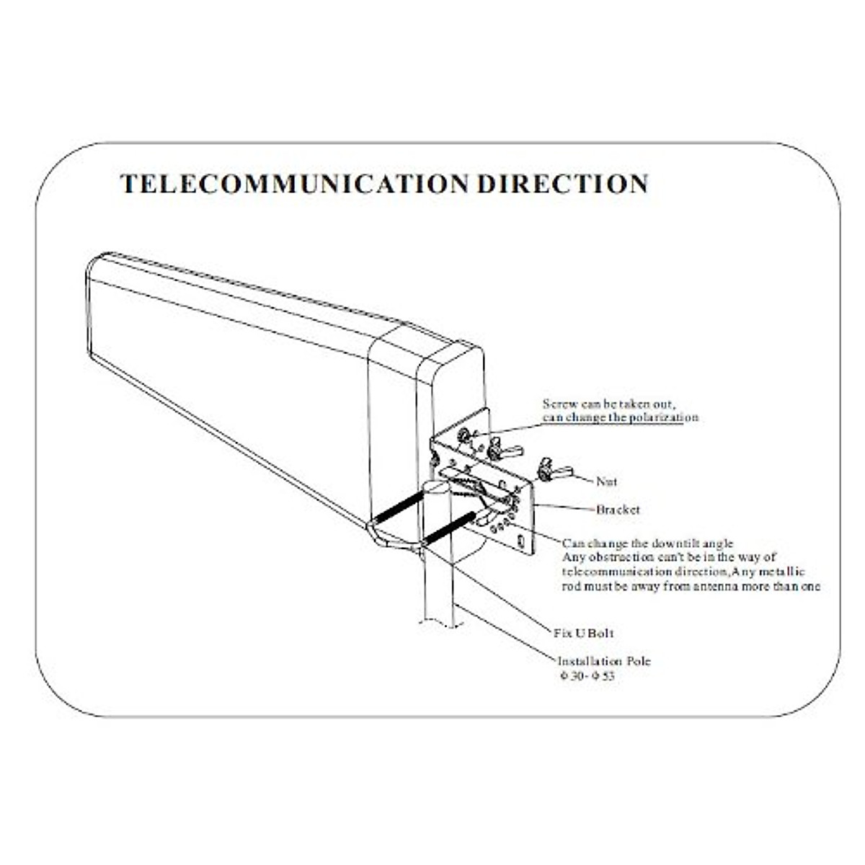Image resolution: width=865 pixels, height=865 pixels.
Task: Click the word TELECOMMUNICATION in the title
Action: coord(295,184)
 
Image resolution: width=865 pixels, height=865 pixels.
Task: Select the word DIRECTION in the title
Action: coord(563,184)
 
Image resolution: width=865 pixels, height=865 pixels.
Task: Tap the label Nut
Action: coord(606,482)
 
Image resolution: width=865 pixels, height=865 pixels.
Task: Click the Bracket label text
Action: coord(618,510)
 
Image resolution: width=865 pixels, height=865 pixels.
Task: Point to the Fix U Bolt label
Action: coord(584,633)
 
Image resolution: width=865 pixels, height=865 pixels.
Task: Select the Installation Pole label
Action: coord(604,661)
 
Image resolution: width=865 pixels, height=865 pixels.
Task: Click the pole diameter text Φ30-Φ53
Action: coord(587,675)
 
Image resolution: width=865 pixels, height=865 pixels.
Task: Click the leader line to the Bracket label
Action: coord(564,507)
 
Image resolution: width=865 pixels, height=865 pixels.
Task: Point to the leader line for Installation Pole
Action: coord(505,632)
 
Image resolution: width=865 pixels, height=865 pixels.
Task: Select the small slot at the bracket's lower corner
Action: coord(521,541)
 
